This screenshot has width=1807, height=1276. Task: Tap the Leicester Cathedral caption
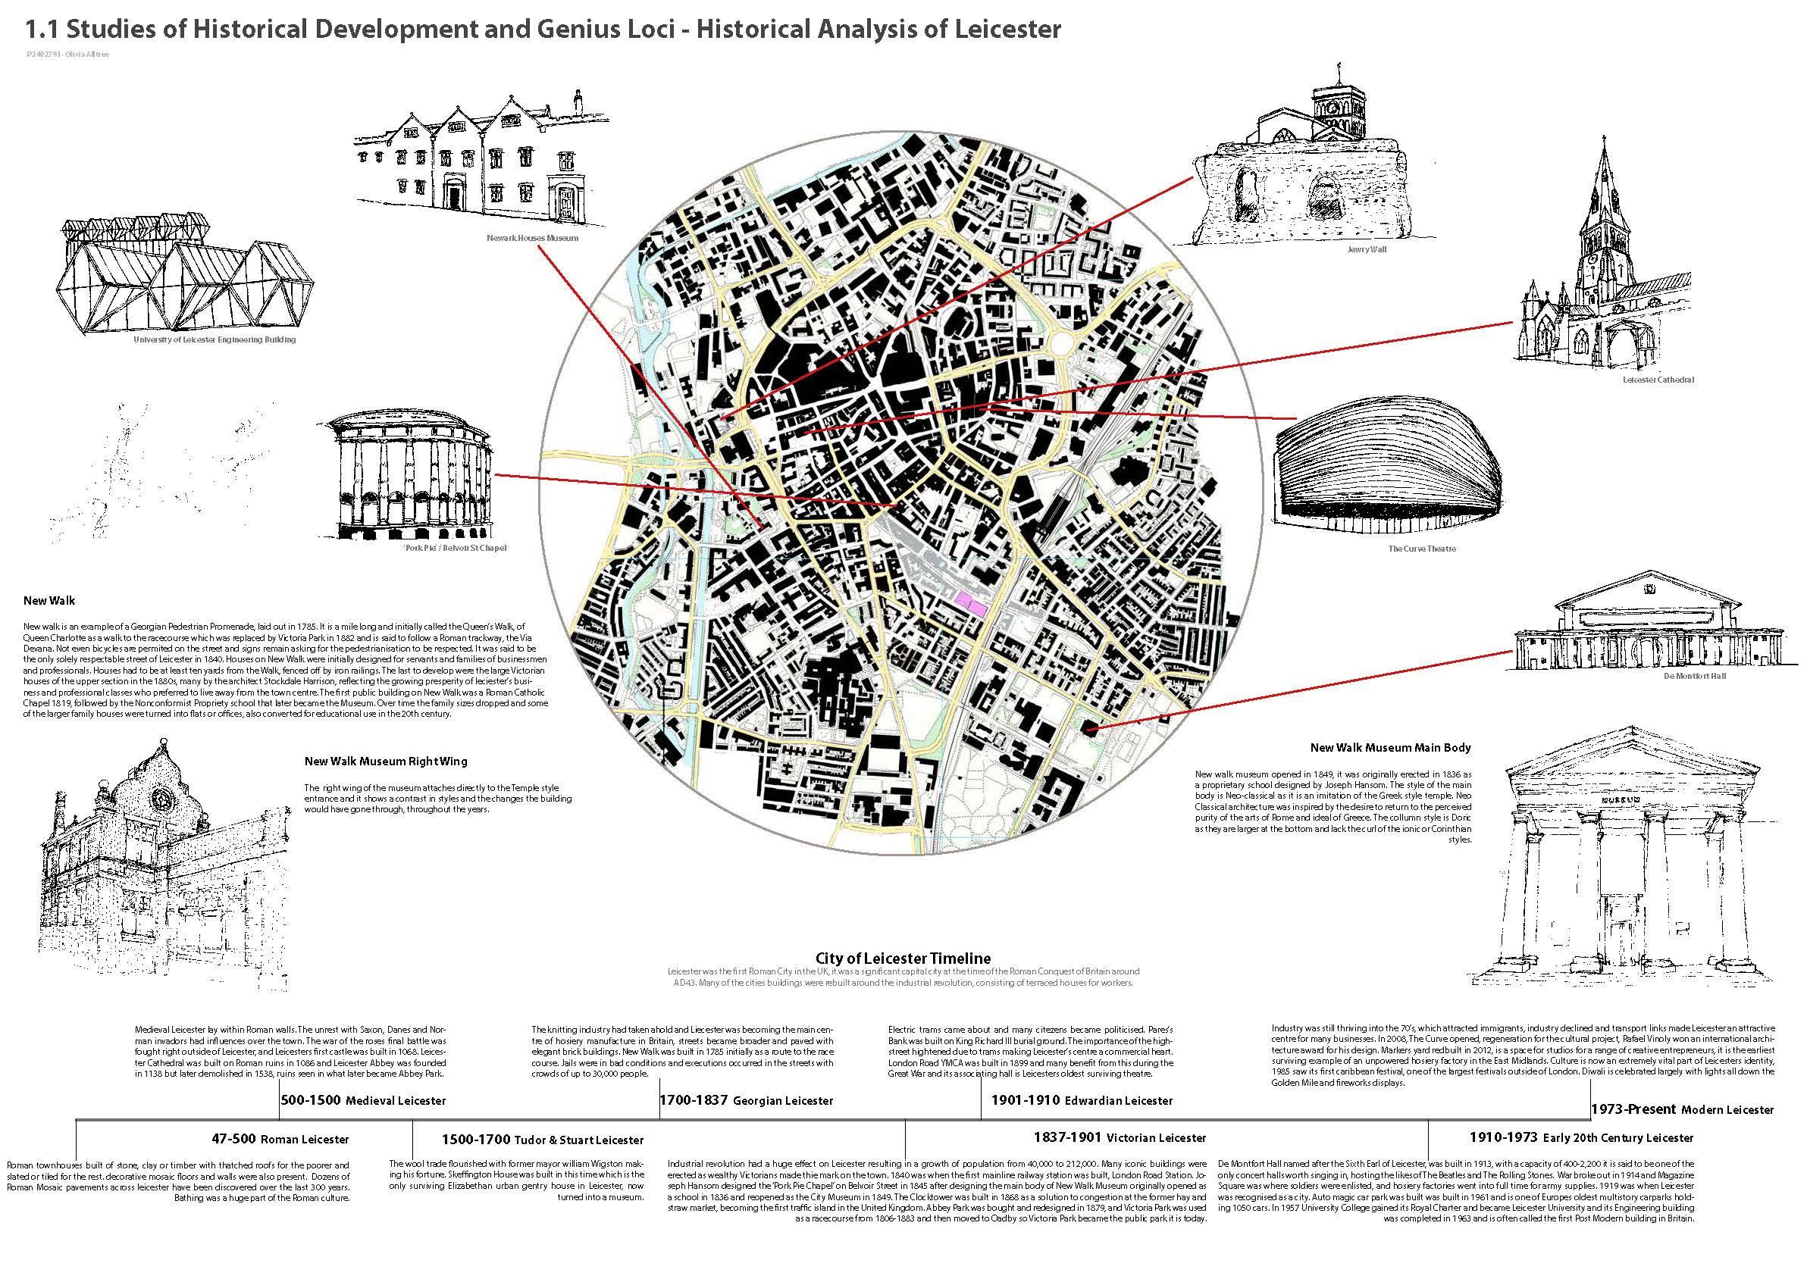1658,380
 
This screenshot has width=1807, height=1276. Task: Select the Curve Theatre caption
1421,549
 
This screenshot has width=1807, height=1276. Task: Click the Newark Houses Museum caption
533,238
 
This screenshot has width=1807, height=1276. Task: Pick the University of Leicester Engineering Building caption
214,340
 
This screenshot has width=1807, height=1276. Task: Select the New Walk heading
49,601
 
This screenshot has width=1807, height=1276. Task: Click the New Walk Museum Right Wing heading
386,761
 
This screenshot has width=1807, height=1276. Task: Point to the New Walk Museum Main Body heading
1390,747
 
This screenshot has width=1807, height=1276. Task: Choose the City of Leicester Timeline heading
903,959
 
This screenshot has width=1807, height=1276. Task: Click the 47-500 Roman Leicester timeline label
280,1138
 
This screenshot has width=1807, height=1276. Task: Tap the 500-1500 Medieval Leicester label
364,1099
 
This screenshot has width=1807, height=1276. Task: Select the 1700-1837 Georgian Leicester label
746,1099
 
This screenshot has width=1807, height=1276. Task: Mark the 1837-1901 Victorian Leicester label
1120,1137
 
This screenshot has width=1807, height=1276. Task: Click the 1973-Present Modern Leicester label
1682,1109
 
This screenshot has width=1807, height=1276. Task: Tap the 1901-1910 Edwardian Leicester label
1082,1099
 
